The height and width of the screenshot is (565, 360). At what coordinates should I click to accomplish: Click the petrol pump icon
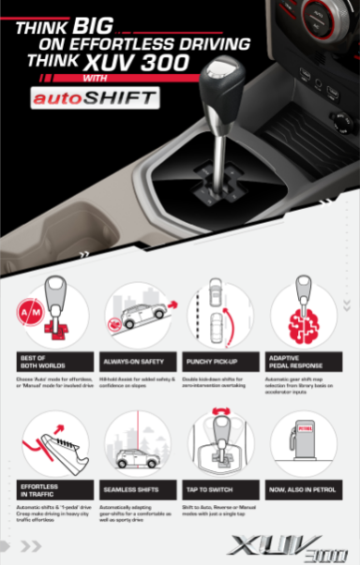(x=303, y=442)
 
